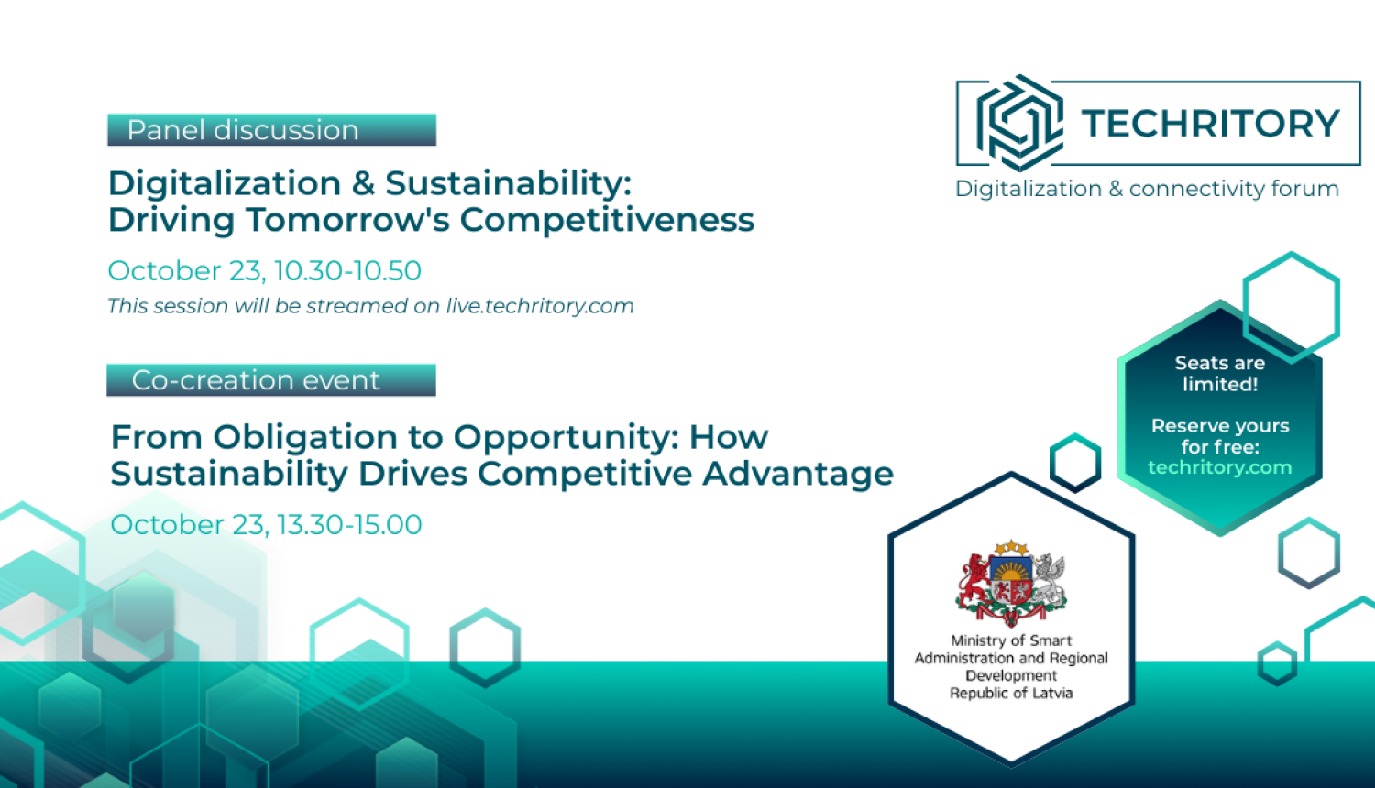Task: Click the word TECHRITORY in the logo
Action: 1210,124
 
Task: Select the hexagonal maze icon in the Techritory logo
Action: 1019,123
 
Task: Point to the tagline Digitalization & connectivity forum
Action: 1147,189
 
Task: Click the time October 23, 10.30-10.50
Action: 265,270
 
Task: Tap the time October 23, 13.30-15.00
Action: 267,525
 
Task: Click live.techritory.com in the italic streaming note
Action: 540,306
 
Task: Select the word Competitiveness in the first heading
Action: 607,220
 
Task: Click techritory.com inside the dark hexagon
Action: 1220,467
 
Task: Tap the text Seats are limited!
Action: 1220,374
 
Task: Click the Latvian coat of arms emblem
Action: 1011,583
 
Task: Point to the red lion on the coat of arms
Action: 973,581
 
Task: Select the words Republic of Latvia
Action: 1011,693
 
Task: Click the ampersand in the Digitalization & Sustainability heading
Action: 363,183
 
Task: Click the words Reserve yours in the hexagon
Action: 1220,426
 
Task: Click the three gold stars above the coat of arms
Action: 1011,547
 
